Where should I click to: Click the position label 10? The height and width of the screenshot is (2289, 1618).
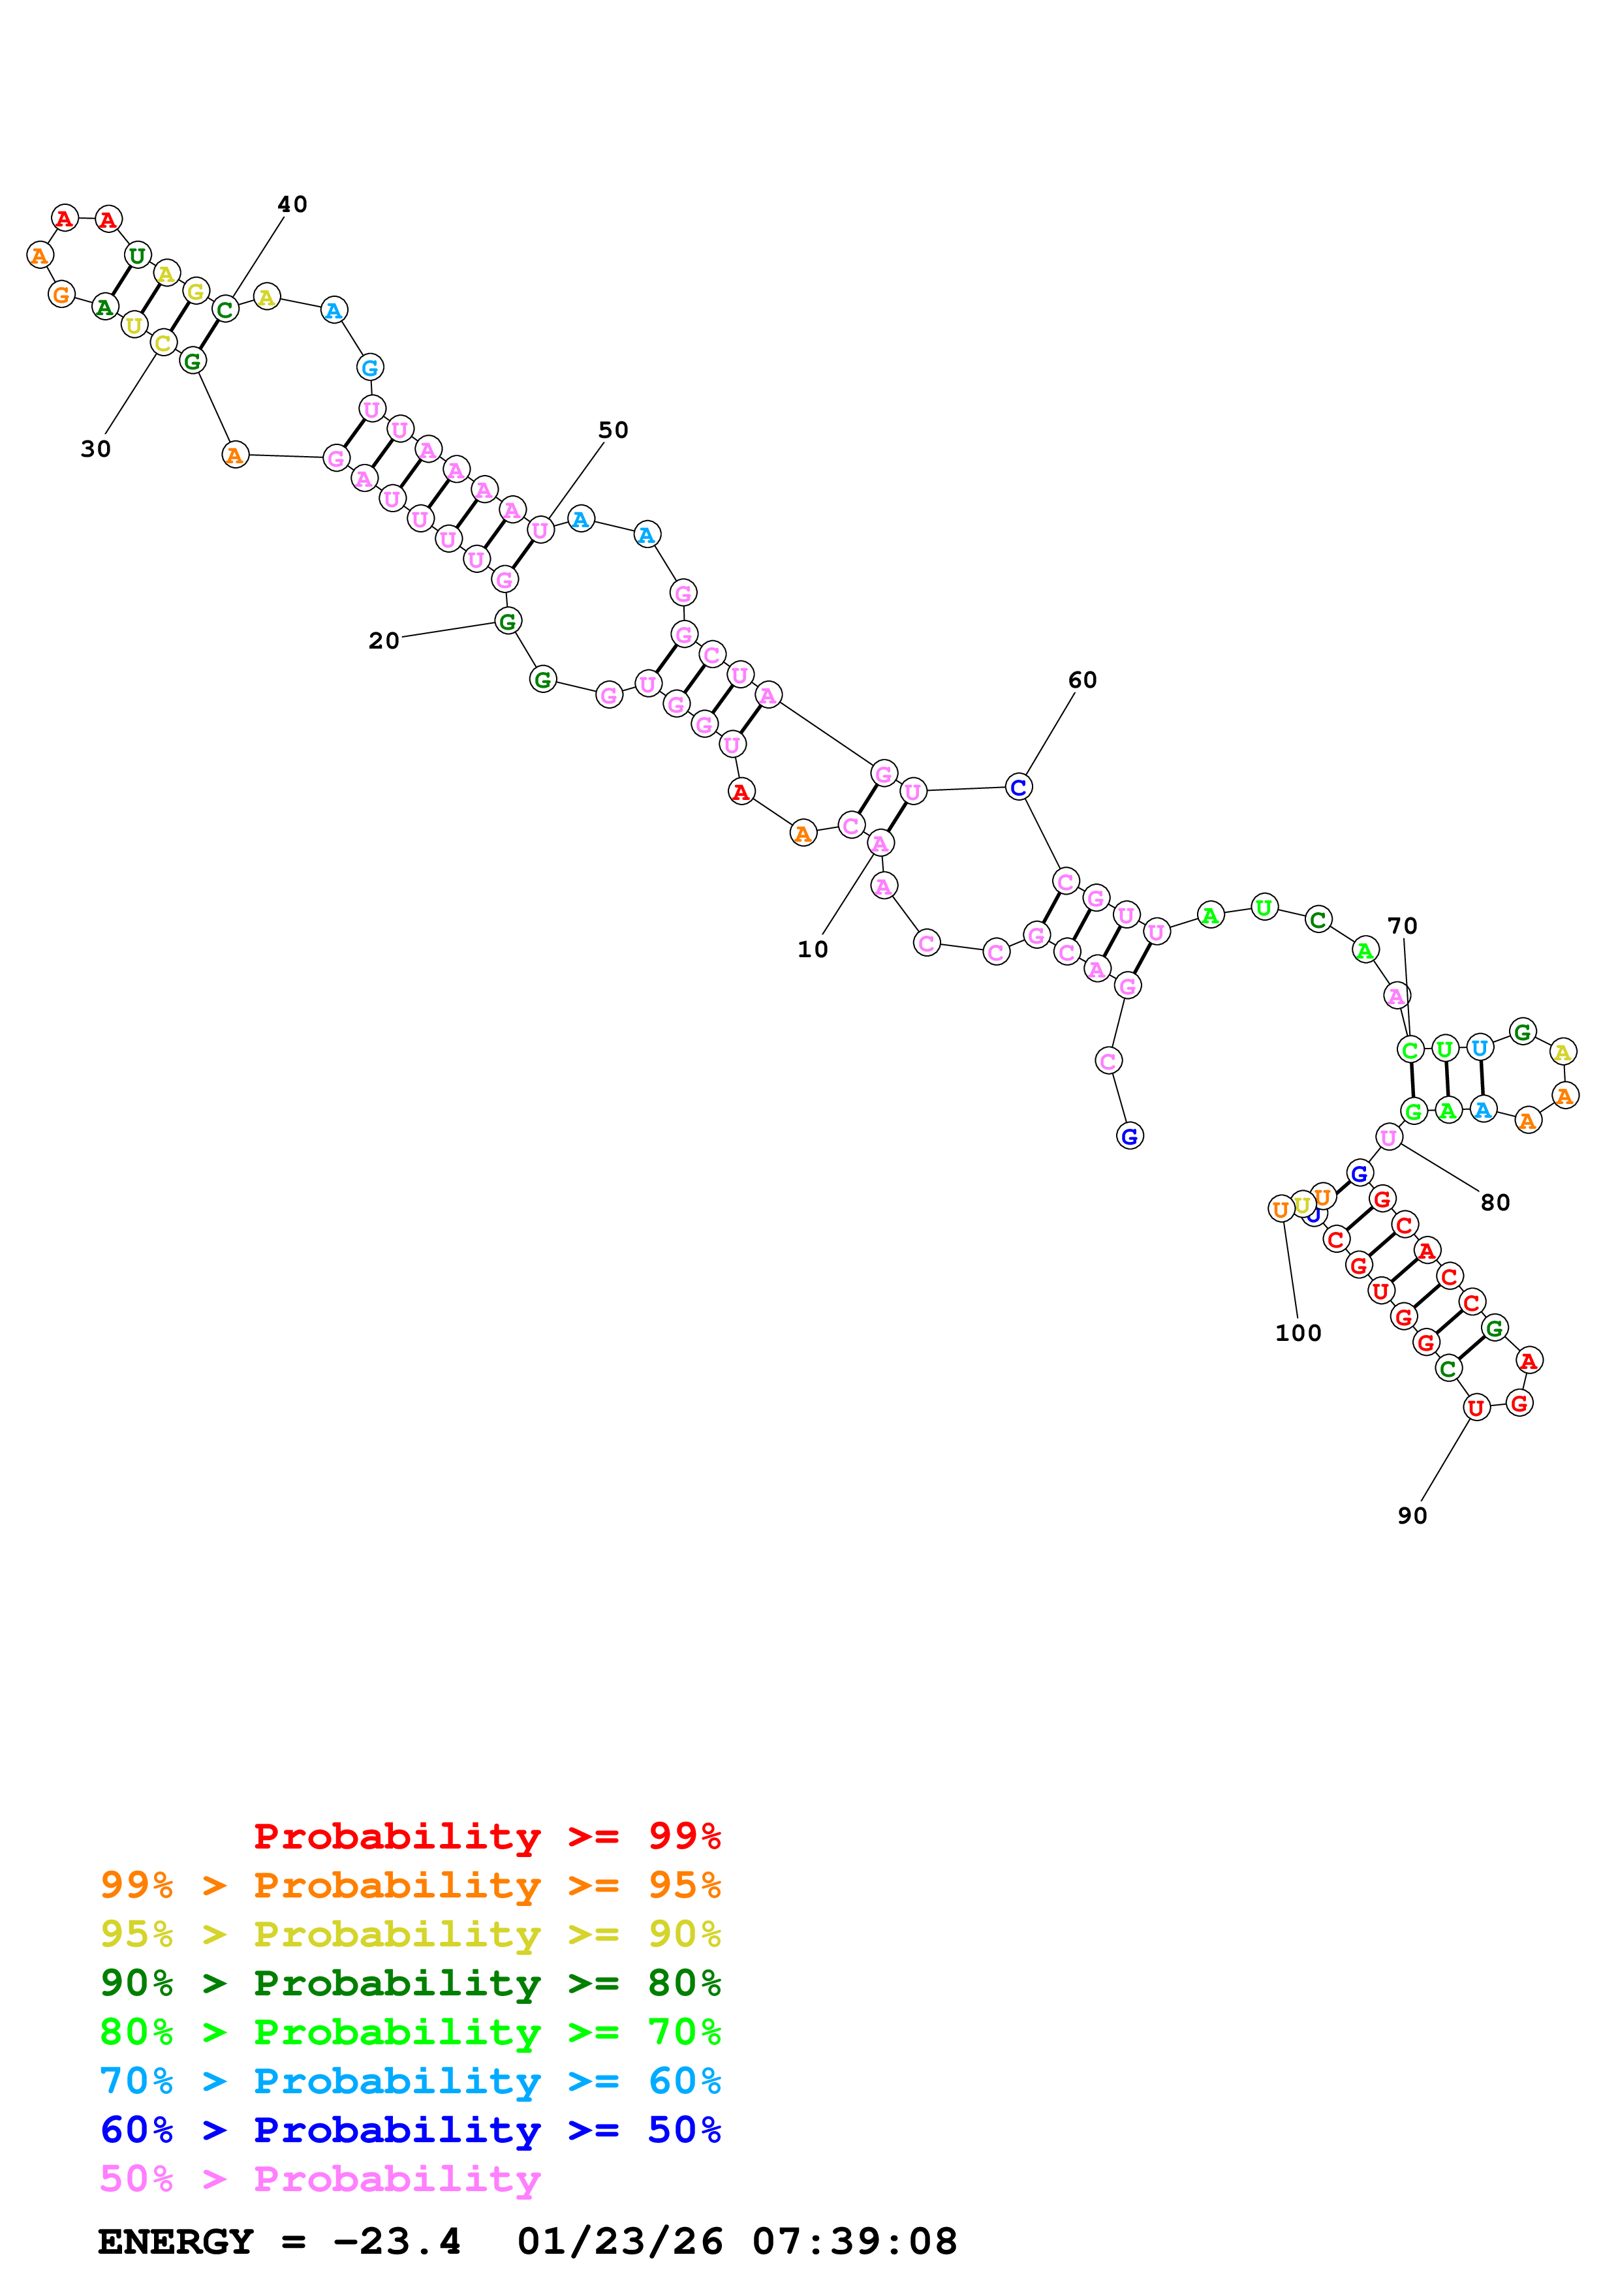[x=813, y=949]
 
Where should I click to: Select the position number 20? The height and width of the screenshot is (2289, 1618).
[x=384, y=640]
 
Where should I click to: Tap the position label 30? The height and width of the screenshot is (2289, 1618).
[x=96, y=449]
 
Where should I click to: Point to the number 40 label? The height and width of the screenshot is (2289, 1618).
[x=292, y=204]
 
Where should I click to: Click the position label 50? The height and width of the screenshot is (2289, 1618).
[x=613, y=430]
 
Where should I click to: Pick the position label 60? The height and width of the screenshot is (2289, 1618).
[x=1083, y=680]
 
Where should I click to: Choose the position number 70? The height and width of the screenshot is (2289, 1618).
[x=1403, y=925]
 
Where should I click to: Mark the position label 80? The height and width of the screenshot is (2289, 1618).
[x=1495, y=1203]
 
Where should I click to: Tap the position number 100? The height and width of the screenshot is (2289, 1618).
[x=1298, y=1333]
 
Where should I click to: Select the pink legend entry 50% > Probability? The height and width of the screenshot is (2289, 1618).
[x=319, y=2178]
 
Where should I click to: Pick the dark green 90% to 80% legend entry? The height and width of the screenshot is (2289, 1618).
[x=410, y=1983]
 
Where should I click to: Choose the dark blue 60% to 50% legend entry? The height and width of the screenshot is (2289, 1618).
[x=410, y=2130]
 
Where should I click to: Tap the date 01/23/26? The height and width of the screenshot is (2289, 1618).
[x=620, y=2241]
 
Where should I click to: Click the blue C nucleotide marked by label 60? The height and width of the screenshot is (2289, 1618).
[x=1018, y=786]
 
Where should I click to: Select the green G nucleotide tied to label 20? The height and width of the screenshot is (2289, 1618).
[x=507, y=621]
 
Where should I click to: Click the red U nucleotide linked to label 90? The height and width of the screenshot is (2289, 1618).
[x=1476, y=1407]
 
